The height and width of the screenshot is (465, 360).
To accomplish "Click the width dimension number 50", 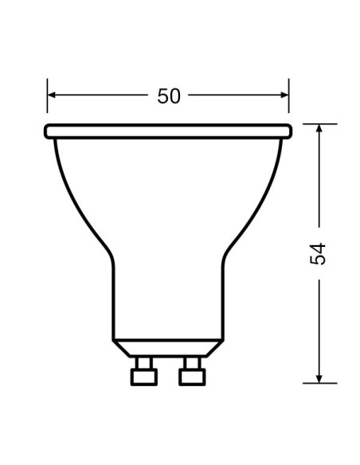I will pyautogui.click(x=169, y=96).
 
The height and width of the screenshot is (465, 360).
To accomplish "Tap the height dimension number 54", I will pyautogui.click(x=318, y=253).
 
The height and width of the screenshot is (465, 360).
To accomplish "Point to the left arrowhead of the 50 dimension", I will pyautogui.click(x=52, y=95).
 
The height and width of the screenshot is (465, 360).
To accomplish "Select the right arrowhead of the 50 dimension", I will pyautogui.click(x=284, y=95).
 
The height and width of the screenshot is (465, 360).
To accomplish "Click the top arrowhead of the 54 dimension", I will pyautogui.click(x=318, y=130).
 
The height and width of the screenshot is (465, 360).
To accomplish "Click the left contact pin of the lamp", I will pyautogui.click(x=143, y=370).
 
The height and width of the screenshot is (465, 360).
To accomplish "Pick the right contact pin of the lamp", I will pyautogui.click(x=190, y=370).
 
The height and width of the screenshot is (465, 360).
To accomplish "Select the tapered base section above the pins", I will pyautogui.click(x=167, y=346).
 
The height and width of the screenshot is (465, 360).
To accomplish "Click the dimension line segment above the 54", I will pyautogui.click(x=318, y=183).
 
